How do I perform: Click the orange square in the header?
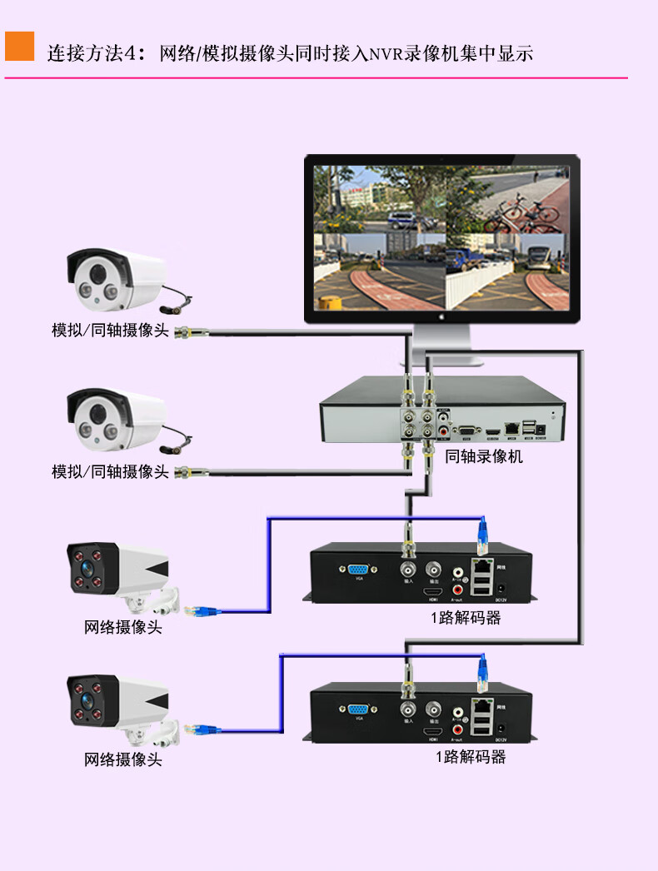tap(19, 46)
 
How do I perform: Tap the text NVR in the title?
tap(386, 55)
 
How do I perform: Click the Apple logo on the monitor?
tap(441, 316)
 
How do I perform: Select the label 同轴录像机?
tap(484, 456)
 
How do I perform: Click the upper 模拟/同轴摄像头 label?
tap(110, 331)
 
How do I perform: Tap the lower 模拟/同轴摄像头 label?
tap(110, 471)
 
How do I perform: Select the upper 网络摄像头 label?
tap(123, 627)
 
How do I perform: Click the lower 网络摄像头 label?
tap(123, 759)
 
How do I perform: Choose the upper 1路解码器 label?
tap(466, 618)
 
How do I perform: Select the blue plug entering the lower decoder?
tap(481, 671)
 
